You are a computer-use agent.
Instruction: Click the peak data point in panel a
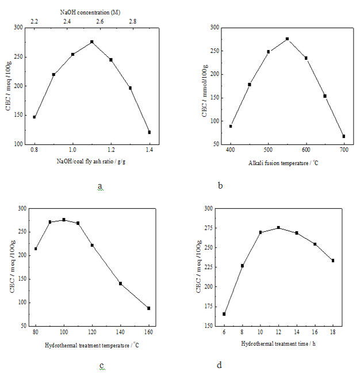coord(91,42)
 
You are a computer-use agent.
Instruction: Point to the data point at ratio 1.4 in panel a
coord(150,132)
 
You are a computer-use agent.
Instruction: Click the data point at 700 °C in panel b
coord(344,136)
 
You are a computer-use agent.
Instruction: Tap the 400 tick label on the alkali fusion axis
coord(231,149)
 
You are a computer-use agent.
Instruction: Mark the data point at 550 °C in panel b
coord(287,39)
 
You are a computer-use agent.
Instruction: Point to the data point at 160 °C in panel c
coord(148,308)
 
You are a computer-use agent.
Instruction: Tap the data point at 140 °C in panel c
coord(120,284)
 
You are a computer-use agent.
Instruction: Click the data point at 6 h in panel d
coord(224,314)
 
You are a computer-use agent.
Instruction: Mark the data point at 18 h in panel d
coord(333,261)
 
